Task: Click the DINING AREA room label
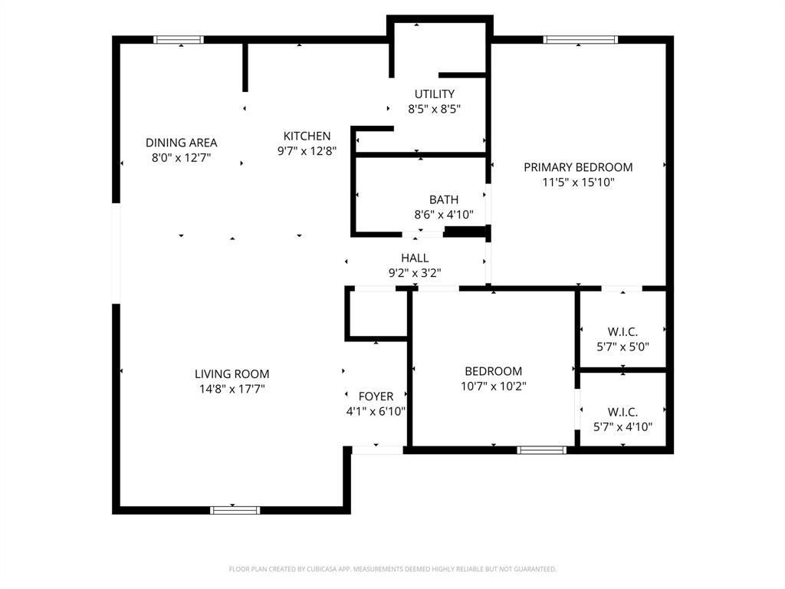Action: click(182, 143)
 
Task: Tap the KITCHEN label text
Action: click(307, 137)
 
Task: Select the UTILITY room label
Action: click(434, 94)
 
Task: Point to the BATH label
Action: click(444, 200)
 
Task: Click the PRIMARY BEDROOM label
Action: click(578, 167)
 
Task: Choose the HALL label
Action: click(415, 258)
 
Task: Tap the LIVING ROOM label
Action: click(232, 374)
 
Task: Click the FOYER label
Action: click(376, 397)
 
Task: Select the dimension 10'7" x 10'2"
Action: click(493, 387)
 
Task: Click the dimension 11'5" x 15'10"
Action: click(578, 183)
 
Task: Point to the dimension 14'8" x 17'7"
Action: click(232, 389)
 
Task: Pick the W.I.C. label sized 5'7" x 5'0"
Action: click(622, 331)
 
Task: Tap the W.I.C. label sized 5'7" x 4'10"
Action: click(622, 412)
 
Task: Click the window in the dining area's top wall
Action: click(179, 40)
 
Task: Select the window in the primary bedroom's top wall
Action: click(580, 40)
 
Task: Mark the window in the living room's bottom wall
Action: click(235, 509)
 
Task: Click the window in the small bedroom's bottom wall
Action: click(542, 450)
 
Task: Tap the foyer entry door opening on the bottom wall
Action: click(377, 450)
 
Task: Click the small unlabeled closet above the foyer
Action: click(376, 314)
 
